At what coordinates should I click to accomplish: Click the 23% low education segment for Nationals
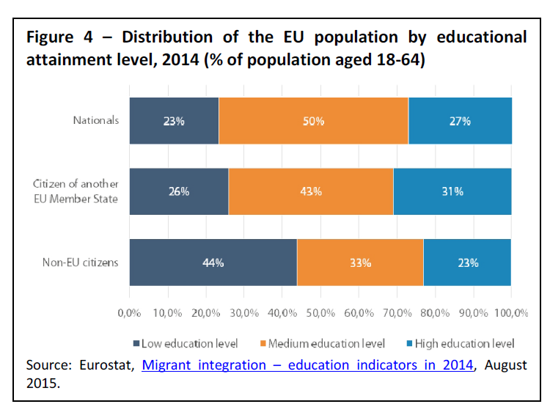coord(174,121)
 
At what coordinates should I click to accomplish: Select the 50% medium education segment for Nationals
coord(313,121)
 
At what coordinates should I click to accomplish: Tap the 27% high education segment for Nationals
coord(460,121)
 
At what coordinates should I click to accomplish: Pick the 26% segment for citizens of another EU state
coord(179,191)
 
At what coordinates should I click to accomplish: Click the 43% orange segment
coord(311,191)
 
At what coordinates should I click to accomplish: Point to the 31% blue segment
coord(452,191)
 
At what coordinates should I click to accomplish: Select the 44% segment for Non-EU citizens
coord(213,262)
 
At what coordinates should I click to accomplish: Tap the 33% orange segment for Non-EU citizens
coord(360,262)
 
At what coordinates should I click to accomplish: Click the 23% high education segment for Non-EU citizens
coord(467,262)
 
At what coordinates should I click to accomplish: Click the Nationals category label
coord(95,120)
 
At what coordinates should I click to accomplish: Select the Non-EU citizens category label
coord(86,262)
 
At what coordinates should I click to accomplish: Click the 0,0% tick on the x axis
coord(129,313)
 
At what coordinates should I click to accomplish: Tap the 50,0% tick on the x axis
coord(320,313)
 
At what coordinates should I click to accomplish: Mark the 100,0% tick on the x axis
coord(510,313)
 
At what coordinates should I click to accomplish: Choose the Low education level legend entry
coord(184,343)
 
